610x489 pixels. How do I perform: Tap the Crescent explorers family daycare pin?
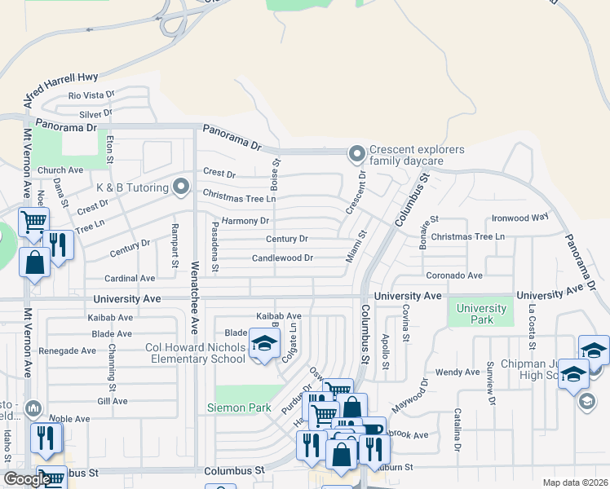(x=356, y=153)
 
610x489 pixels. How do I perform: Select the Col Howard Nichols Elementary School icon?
(x=263, y=346)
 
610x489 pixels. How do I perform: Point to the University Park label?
(x=481, y=314)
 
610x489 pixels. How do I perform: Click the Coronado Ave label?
(x=454, y=276)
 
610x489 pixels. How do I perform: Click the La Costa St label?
(x=532, y=319)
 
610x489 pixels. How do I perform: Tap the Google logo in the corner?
(x=27, y=479)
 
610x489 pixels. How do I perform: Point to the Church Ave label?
(x=66, y=170)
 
